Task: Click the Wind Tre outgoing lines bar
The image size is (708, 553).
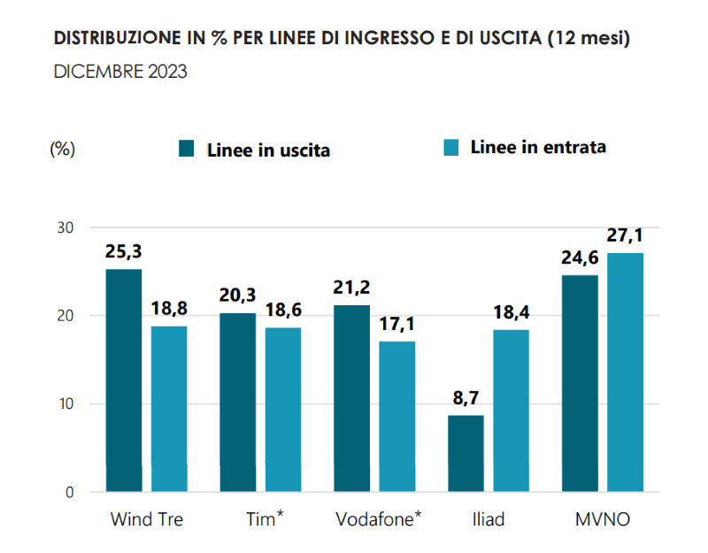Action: click(x=124, y=380)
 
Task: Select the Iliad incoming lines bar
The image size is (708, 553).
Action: click(x=512, y=411)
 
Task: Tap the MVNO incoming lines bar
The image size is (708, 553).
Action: click(x=625, y=372)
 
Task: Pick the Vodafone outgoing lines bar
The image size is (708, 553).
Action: click(x=352, y=398)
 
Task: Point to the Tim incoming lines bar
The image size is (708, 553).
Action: click(x=283, y=410)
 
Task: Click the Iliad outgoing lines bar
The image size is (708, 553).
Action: click(x=466, y=453)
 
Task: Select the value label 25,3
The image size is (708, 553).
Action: click(x=124, y=253)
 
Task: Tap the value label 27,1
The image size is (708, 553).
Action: click(x=625, y=235)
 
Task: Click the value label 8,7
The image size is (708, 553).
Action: click(x=466, y=399)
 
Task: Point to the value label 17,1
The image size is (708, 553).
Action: click(x=397, y=324)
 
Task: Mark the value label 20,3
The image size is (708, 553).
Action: click(x=238, y=296)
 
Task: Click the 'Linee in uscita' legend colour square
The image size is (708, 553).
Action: click(x=187, y=149)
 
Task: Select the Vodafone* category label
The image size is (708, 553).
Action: click(x=378, y=519)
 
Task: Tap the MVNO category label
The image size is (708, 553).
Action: click(x=603, y=519)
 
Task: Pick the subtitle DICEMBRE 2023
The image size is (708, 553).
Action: click(x=120, y=72)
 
